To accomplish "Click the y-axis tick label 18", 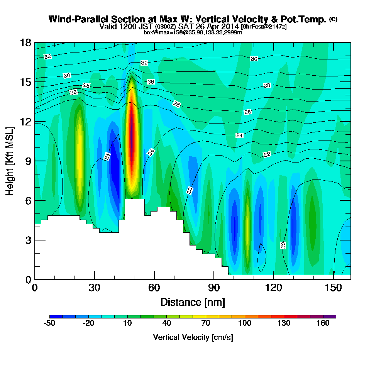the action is (x=25, y=43).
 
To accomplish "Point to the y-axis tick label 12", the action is (x=25, y=122).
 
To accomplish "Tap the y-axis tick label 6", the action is (x=28, y=201).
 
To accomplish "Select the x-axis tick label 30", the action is (x=95, y=288).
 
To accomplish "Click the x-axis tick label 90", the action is (x=214, y=288).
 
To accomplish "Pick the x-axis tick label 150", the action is (x=334, y=288).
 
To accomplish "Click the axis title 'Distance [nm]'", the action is (x=193, y=302).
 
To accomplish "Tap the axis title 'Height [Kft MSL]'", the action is (x=10, y=161).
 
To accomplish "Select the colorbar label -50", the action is (x=49, y=323).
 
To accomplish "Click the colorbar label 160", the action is (x=323, y=323).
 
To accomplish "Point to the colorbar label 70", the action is (x=206, y=323).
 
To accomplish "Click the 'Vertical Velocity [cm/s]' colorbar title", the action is (x=193, y=337).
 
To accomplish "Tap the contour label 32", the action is (x=47, y=57).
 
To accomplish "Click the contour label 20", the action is (x=283, y=245).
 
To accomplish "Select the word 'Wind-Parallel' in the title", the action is (x=79, y=19).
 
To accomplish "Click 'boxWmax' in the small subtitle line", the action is (x=154, y=32).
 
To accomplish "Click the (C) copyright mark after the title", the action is (x=334, y=19).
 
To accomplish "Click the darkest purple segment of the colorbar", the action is (x=330, y=317).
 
